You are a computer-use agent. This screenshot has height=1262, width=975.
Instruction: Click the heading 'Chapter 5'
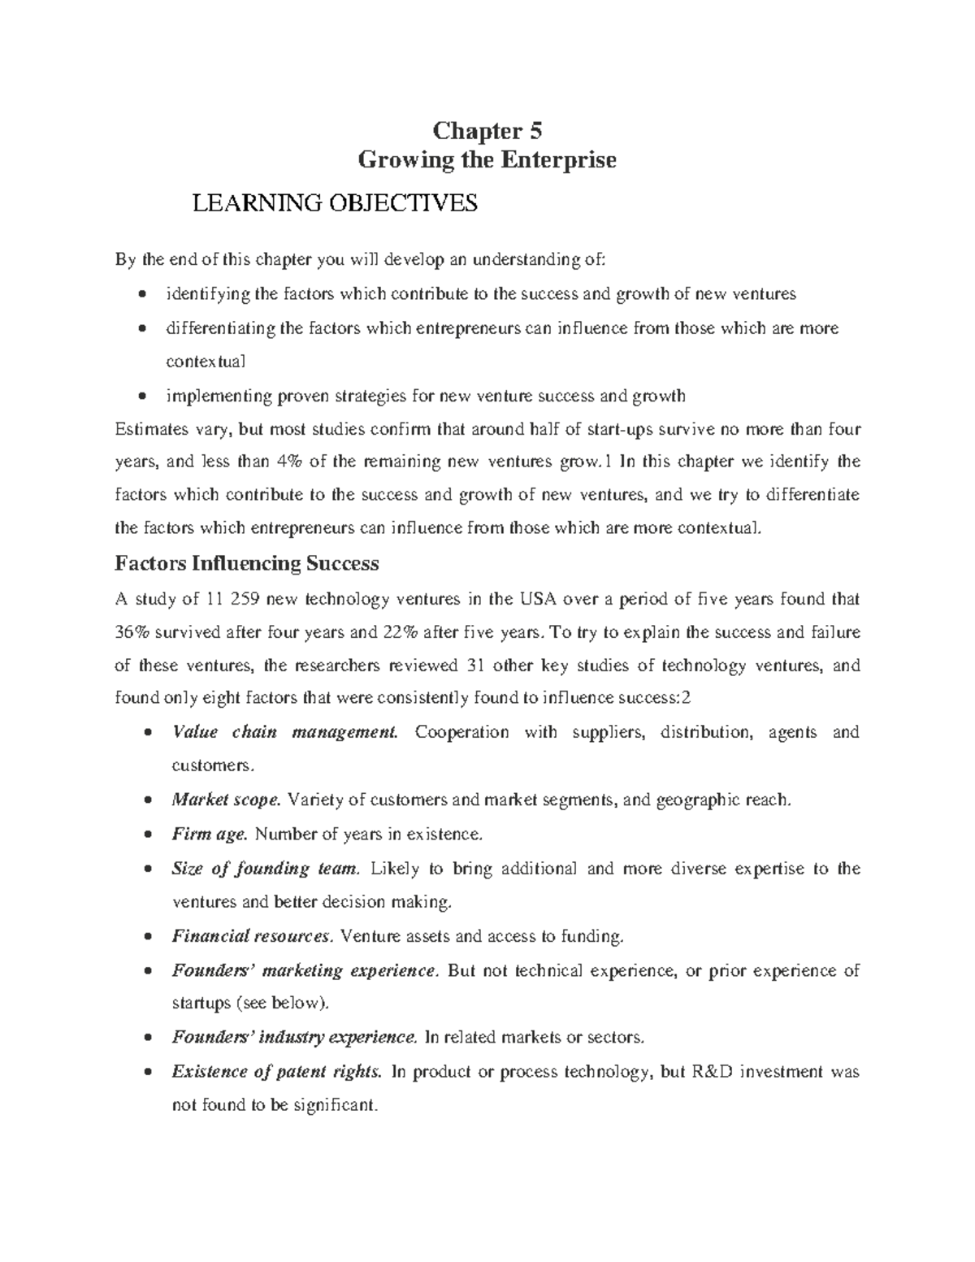pos(487,131)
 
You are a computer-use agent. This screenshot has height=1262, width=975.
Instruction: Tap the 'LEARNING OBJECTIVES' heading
pos(333,203)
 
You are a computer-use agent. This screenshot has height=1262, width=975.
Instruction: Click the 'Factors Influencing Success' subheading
pos(247,563)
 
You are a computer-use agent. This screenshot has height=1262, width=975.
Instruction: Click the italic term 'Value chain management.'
pos(284,732)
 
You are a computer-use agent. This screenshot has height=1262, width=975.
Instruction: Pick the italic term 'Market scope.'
pos(226,800)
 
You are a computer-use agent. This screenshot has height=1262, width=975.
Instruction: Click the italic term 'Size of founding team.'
pos(265,869)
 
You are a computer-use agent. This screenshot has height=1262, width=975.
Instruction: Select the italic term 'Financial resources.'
pos(252,936)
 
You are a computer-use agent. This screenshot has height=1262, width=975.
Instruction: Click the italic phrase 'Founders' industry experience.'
pos(294,1038)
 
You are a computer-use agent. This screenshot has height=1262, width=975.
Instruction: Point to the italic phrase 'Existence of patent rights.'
pos(276,1072)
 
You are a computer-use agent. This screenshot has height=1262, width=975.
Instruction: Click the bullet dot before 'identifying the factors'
pos(144,294)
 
